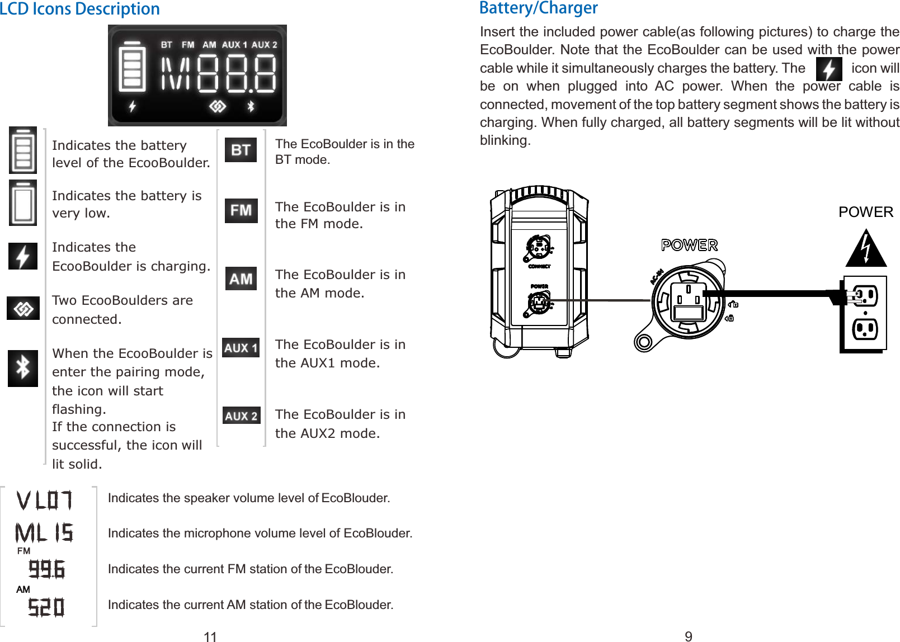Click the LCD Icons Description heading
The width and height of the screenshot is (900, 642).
[80, 9]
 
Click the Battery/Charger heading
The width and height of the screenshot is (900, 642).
[538, 8]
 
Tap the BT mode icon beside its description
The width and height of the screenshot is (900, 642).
[241, 150]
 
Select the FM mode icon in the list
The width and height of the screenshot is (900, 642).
[241, 210]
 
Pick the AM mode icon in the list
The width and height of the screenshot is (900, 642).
[241, 278]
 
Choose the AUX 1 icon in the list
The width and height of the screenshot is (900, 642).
[241, 348]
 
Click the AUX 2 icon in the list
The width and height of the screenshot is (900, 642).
[241, 416]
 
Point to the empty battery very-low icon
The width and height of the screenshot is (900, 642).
[23, 203]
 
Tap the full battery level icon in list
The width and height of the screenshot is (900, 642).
[23, 150]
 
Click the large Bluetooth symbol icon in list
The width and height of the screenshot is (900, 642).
[23, 368]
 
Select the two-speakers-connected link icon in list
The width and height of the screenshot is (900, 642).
[23, 308]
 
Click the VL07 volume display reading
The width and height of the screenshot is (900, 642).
[44, 501]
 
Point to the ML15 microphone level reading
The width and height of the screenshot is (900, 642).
[44, 533]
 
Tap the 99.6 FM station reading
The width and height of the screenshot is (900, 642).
[47, 569]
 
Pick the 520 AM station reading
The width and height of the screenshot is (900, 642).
[46, 607]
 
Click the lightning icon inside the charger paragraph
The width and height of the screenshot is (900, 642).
[828, 69]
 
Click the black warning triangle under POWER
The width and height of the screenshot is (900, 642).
[865, 249]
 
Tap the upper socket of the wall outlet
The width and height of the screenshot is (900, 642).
[865, 296]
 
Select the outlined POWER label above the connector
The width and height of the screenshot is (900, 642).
[689, 245]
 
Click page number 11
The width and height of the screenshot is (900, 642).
[210, 636]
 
